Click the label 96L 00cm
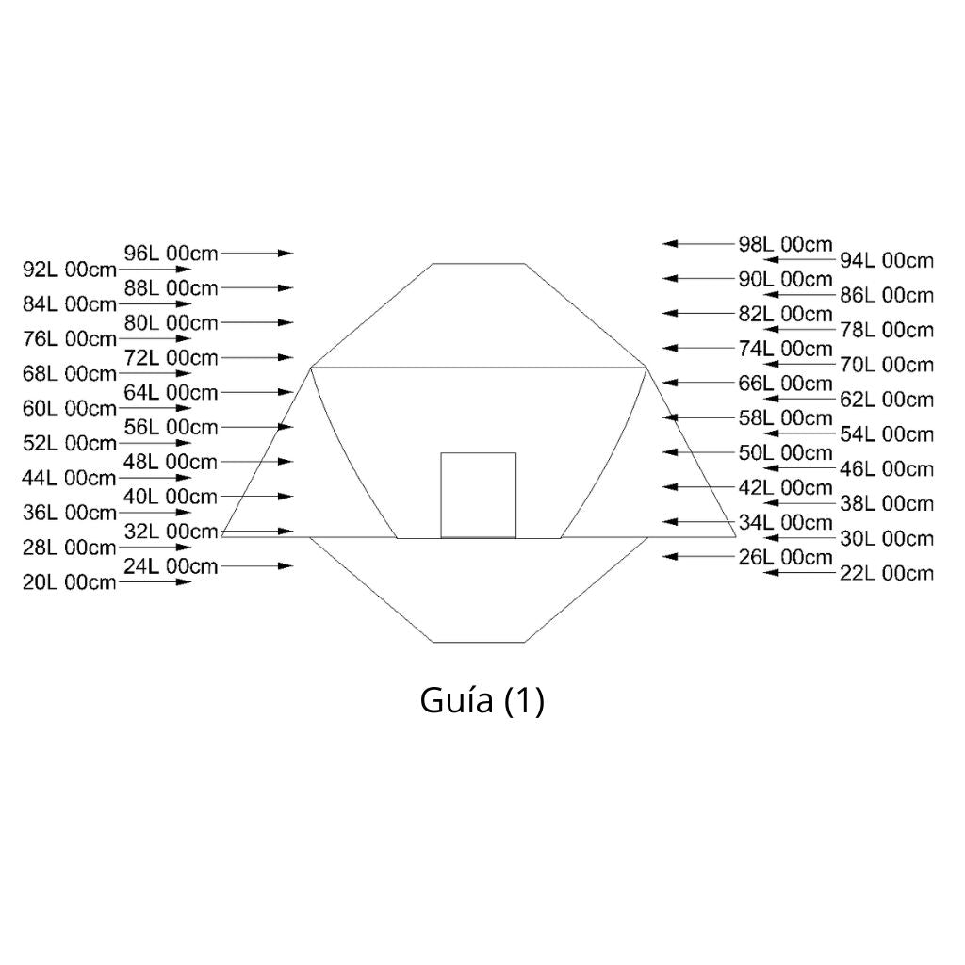click(171, 253)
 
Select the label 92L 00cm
click(69, 270)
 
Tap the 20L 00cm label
click(69, 582)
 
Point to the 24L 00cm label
click(171, 566)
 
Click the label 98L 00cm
click(785, 244)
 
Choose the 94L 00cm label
click(886, 260)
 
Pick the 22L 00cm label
click(886, 573)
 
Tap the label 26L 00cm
click(785, 557)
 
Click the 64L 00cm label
click(171, 392)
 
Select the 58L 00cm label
click(785, 417)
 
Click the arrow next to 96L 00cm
click(256, 253)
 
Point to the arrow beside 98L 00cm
click(700, 243)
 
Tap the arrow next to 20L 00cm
click(155, 582)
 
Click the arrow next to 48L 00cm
click(256, 462)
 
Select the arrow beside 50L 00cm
click(700, 452)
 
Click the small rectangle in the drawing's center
click(479, 495)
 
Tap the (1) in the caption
click(524, 702)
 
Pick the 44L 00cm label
click(69, 478)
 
